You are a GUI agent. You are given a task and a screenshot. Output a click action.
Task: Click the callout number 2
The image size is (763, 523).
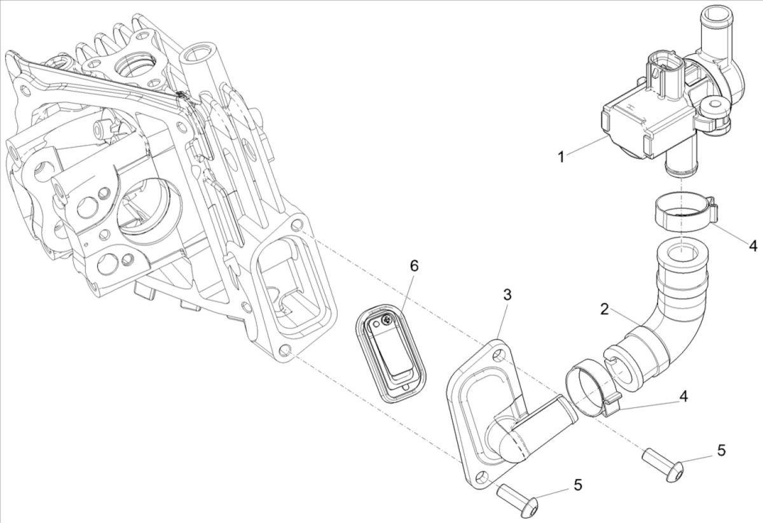tap(605, 310)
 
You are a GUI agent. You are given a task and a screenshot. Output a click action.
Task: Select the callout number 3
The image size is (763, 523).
tap(507, 295)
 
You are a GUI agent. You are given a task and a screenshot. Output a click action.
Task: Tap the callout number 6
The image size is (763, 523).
tap(414, 266)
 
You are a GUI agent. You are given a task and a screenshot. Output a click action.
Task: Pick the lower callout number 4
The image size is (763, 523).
tap(683, 396)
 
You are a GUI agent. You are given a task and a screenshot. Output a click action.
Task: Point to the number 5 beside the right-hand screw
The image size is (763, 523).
tap(721, 450)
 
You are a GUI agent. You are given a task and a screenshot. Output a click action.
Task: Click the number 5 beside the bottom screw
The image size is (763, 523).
tap(577, 485)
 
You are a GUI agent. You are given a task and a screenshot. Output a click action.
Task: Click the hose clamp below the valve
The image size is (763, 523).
tap(684, 213)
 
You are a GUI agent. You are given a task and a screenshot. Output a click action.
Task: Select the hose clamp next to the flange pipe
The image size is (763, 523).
tap(589, 388)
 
